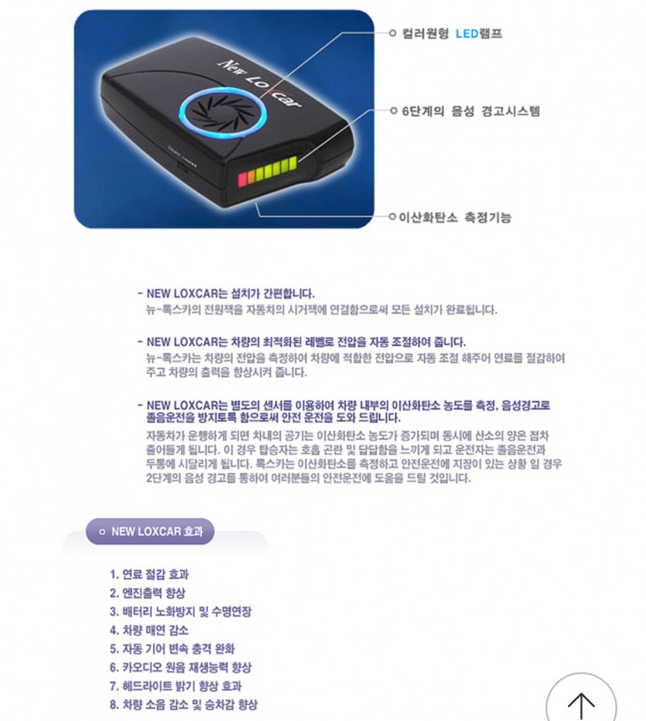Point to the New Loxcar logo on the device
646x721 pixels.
point(260,83)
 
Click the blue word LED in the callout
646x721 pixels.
point(467,33)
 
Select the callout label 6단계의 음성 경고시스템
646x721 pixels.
point(470,111)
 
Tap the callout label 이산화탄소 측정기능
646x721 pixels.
point(455,217)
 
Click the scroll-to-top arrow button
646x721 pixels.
point(581,699)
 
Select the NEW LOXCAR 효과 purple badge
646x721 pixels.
point(150,532)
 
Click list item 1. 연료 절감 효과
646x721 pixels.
point(149,574)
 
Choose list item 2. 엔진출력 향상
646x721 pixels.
point(147,593)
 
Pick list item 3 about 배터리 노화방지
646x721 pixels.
point(180,611)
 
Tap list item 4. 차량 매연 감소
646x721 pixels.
point(149,631)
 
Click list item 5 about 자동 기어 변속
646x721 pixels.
point(173,649)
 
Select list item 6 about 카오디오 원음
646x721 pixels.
point(180,668)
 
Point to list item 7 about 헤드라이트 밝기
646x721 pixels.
point(176,686)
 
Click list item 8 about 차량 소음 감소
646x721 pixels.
point(183,705)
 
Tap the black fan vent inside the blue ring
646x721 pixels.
point(223,111)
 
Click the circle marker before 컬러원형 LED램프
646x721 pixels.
point(393,33)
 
